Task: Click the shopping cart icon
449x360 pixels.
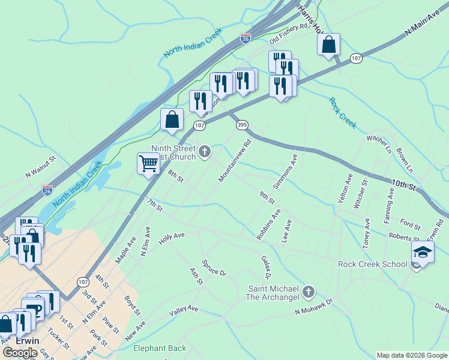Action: (148, 163)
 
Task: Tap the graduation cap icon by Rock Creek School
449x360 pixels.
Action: (423, 253)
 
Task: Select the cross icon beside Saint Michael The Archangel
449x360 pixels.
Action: (308, 292)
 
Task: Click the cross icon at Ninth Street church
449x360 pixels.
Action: (205, 152)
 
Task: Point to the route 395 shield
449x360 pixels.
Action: (242, 125)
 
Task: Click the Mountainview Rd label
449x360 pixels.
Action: (235, 161)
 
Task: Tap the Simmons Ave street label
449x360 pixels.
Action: (285, 169)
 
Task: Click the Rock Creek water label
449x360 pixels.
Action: (343, 112)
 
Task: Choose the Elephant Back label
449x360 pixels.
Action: (160, 349)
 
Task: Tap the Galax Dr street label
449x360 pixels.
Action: (267, 267)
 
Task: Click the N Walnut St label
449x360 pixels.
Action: (40, 169)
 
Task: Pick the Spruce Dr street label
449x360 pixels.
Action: (214, 268)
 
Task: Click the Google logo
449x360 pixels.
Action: (20, 353)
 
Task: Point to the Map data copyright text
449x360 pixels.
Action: (411, 355)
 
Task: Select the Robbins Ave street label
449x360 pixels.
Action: (268, 225)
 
